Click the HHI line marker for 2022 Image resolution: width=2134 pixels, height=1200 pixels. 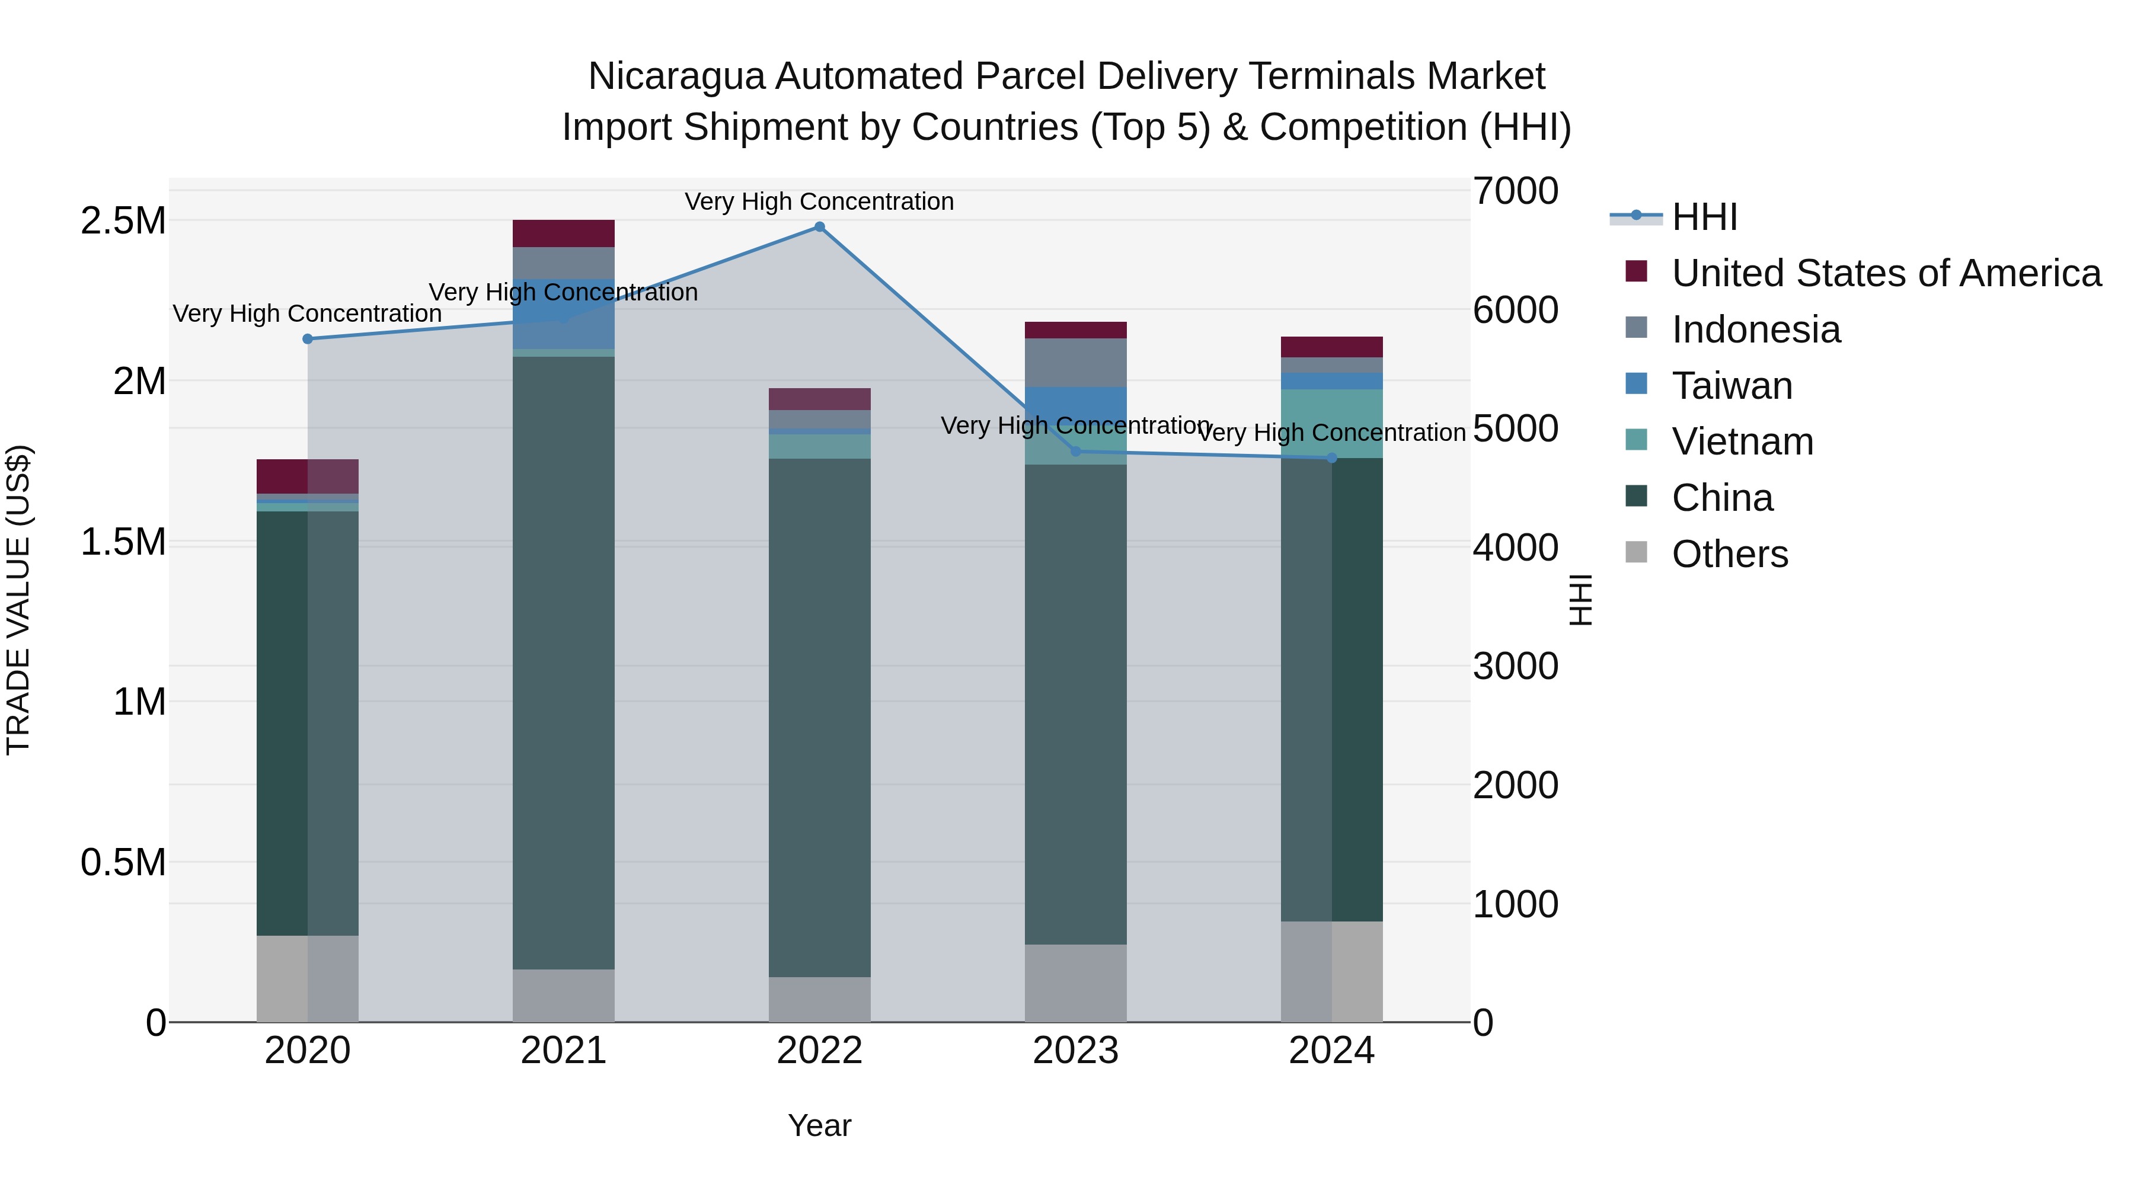(x=819, y=227)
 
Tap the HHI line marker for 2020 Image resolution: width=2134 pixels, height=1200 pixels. (x=307, y=339)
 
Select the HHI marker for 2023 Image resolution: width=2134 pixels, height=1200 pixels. (x=1076, y=452)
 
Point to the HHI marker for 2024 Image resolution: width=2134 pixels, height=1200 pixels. (x=1332, y=458)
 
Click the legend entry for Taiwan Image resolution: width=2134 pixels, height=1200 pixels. (x=1732, y=386)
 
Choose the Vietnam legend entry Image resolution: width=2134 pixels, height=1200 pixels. (x=1742, y=442)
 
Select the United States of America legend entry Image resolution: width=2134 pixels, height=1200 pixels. (x=1886, y=273)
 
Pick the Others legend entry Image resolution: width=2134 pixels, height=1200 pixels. (x=1730, y=554)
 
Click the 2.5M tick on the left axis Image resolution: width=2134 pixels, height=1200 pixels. (x=123, y=221)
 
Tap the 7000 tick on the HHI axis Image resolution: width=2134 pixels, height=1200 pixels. (x=1515, y=191)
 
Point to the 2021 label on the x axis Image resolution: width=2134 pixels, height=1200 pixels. (x=563, y=1051)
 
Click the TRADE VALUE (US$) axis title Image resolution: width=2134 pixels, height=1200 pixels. (x=18, y=600)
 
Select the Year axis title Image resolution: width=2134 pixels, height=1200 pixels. (x=819, y=1125)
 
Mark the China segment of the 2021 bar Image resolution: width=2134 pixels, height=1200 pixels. (x=563, y=663)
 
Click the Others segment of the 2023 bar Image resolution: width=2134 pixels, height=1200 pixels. (x=1075, y=983)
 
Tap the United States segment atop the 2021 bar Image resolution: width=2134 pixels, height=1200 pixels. (x=563, y=233)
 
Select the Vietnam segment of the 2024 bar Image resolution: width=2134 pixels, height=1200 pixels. (x=1331, y=423)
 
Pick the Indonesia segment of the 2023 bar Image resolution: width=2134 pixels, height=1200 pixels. (x=1075, y=362)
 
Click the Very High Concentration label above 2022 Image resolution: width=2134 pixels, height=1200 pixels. (x=819, y=201)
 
